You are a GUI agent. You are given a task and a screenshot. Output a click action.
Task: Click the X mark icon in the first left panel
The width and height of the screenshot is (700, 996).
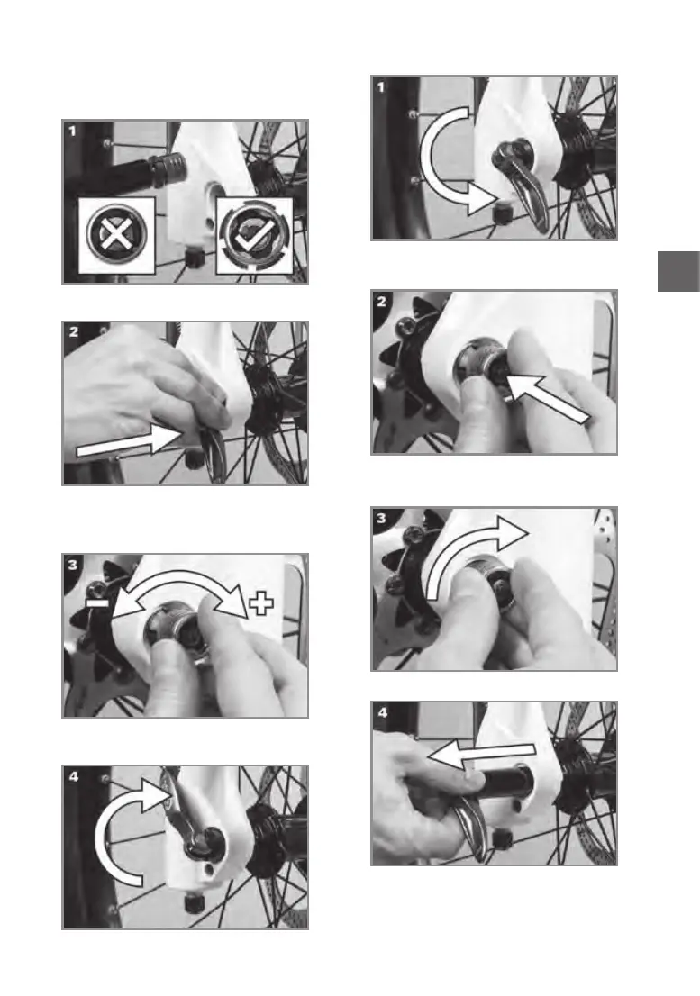coord(116,235)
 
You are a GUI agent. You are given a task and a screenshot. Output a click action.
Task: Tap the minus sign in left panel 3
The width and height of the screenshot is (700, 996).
coord(98,602)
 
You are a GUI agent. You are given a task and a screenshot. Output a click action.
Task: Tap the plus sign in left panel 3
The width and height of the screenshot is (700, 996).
coord(260,602)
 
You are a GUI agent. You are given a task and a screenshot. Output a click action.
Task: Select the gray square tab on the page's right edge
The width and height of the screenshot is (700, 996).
coord(678,271)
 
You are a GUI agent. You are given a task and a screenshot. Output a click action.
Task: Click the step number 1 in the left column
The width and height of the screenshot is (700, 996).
coord(72,131)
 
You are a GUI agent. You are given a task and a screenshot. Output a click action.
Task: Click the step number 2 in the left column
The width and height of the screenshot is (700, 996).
coord(74,331)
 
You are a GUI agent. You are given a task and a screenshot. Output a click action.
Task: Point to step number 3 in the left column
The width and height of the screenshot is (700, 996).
coord(73,564)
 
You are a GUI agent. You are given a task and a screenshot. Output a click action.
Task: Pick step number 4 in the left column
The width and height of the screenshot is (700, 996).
coord(74,776)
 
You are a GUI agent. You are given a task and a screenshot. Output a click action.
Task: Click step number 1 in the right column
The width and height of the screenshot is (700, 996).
coord(381,87)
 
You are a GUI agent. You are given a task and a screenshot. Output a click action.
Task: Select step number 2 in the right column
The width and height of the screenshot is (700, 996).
coord(382,301)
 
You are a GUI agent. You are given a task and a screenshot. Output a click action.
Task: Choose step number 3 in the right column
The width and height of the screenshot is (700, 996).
coord(382,518)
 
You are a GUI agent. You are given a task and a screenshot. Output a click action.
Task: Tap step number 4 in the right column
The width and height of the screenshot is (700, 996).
coord(382,712)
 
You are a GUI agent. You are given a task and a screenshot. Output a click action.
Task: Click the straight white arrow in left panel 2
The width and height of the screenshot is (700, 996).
coord(127,442)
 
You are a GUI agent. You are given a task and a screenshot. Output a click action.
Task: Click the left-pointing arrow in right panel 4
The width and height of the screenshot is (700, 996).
coord(481,752)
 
